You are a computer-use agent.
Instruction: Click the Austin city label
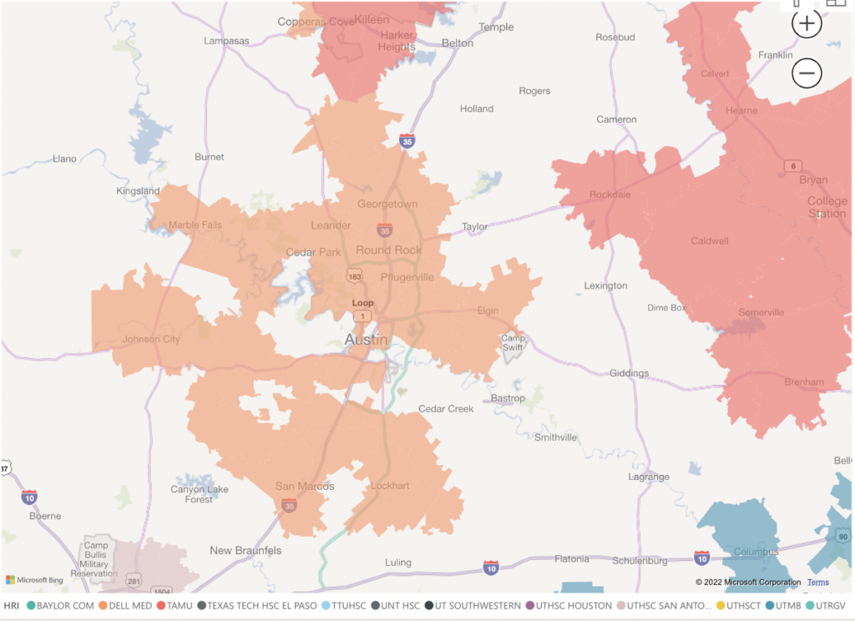tap(367, 340)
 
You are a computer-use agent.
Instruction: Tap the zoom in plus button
tap(807, 24)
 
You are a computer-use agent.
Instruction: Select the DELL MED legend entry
tap(127, 605)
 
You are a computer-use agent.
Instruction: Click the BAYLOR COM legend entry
tap(59, 605)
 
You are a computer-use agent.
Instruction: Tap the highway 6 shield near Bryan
tap(792, 166)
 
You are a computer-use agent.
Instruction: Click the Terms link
tap(817, 582)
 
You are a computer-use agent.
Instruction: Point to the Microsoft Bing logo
tap(35, 580)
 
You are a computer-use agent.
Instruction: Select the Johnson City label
tap(151, 339)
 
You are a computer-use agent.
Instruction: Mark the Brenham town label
tap(804, 382)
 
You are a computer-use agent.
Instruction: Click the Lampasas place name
tap(227, 40)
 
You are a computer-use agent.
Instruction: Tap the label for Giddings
tap(629, 373)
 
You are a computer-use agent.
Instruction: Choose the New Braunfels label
tap(245, 550)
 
